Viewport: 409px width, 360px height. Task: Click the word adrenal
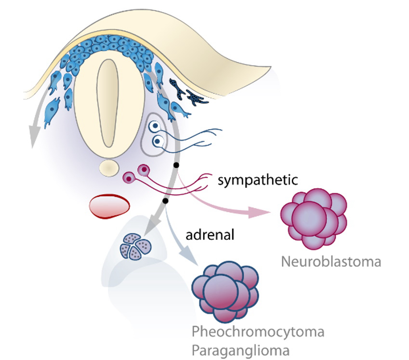[x=210, y=236]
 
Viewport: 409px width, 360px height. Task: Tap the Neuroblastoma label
[x=330, y=262]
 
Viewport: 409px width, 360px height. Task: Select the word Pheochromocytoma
[x=258, y=332]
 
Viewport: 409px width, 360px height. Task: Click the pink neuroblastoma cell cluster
[x=314, y=219]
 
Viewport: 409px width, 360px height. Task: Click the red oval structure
[x=109, y=206]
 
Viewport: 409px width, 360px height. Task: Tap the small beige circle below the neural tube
[x=109, y=168]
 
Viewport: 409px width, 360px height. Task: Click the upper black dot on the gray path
[x=176, y=165]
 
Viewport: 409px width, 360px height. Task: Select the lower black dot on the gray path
[x=165, y=200]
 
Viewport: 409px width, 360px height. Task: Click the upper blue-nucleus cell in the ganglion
[x=154, y=126]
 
